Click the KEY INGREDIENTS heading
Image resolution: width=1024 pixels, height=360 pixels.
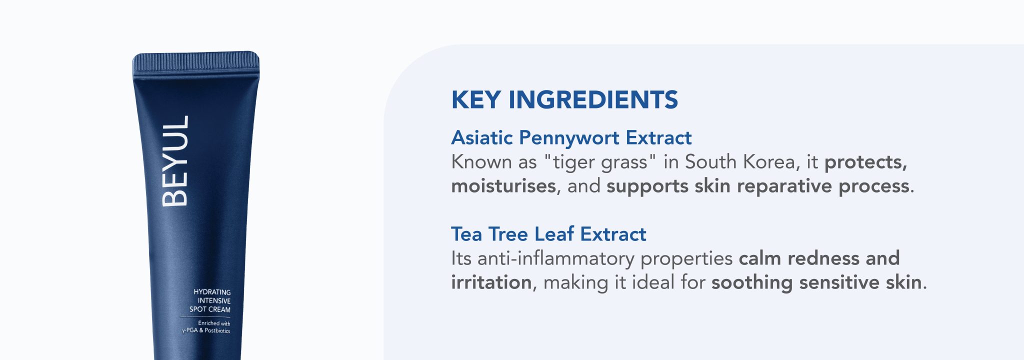[564, 99]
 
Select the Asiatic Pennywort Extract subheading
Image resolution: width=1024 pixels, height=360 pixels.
[571, 138]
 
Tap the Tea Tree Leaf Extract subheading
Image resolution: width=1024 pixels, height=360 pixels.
[548, 234]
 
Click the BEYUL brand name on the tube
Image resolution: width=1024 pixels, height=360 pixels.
[175, 161]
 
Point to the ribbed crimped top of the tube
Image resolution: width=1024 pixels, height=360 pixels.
[196, 61]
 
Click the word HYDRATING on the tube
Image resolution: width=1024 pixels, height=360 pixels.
[212, 292]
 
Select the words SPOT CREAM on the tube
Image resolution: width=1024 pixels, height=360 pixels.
[210, 309]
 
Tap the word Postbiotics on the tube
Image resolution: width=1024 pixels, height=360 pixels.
[217, 331]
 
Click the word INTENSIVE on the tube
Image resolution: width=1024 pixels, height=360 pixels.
[214, 301]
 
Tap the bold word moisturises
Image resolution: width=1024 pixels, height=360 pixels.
[503, 186]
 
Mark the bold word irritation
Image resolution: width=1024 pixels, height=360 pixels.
[491, 282]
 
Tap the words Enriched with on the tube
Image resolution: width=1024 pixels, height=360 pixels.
[214, 323]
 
